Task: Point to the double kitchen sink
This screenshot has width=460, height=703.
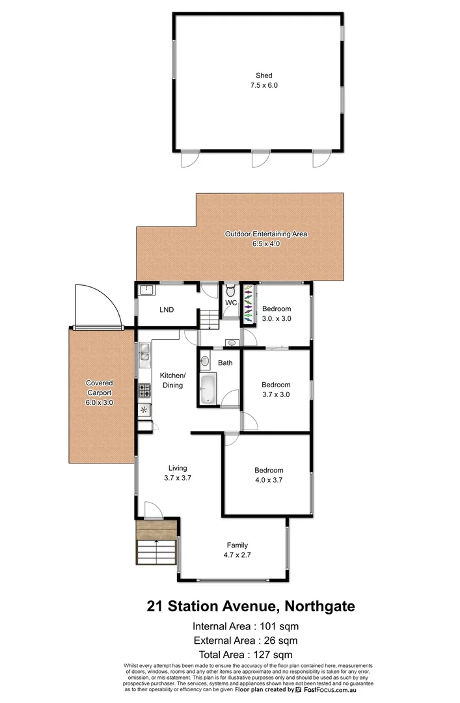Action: coord(144,355)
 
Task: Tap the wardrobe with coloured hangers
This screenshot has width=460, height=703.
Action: coord(247,304)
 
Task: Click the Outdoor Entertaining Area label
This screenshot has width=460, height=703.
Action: coord(265,239)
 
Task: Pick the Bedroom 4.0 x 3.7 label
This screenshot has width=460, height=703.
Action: coord(269,475)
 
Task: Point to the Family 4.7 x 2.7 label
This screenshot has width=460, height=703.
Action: coord(237,550)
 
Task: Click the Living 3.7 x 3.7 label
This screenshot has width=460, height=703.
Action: coord(178,473)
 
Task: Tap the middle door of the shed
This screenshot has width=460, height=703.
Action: coord(260,158)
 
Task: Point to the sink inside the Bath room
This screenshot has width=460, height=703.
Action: coord(205,360)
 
